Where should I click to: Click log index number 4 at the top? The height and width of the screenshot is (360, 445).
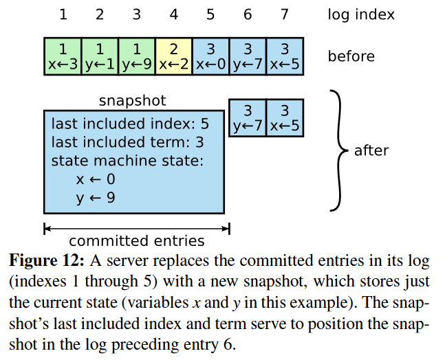point(173,14)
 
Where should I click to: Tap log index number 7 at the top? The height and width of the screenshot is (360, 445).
point(284,14)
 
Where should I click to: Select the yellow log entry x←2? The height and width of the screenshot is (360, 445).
point(173,56)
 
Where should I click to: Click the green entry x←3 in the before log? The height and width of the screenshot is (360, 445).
point(63,56)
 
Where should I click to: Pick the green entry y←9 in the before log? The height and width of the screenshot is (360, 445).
point(136,56)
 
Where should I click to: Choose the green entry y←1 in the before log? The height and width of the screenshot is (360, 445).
point(100,56)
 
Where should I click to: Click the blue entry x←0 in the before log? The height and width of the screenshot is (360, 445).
point(210,56)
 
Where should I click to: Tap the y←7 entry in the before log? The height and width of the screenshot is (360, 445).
point(247,56)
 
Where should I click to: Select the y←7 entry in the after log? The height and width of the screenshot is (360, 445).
point(247,118)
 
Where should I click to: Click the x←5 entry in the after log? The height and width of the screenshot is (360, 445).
point(284,118)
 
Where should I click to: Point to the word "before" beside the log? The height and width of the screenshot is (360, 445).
point(351,56)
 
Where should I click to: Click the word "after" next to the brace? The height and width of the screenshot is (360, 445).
point(371,150)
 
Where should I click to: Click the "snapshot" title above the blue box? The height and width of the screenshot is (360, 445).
point(133,101)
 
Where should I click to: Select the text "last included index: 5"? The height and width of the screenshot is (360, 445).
point(130,125)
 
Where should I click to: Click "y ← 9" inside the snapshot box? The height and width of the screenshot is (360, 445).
point(96,198)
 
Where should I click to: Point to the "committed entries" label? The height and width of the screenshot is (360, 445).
point(137,241)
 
